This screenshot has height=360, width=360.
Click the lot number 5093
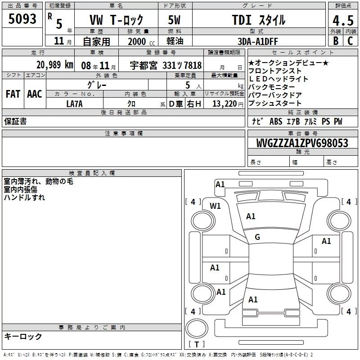pyautogui.click(x=22, y=19)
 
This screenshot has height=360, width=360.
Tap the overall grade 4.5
pyautogui.click(x=343, y=20)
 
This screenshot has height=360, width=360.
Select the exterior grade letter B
pyautogui.click(x=336, y=41)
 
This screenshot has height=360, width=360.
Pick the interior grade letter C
pyautogui.click(x=350, y=41)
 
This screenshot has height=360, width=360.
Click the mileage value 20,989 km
pyautogui.click(x=54, y=65)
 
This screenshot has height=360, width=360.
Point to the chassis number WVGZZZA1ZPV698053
pyautogui.click(x=302, y=143)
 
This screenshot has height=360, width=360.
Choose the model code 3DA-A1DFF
pyautogui.click(x=257, y=41)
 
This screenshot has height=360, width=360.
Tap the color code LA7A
pyautogui.click(x=74, y=104)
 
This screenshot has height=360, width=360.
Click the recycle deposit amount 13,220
pyautogui.click(x=224, y=104)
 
